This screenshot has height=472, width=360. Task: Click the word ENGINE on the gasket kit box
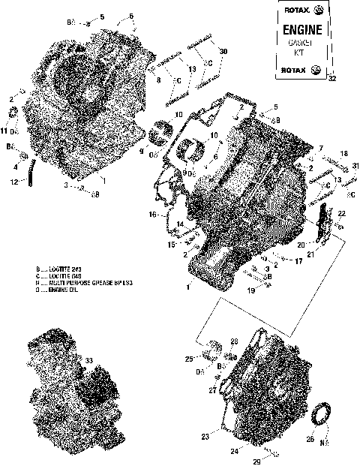click(304, 30)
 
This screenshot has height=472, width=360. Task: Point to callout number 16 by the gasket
click(152, 215)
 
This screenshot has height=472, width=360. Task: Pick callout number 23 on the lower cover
click(205, 435)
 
